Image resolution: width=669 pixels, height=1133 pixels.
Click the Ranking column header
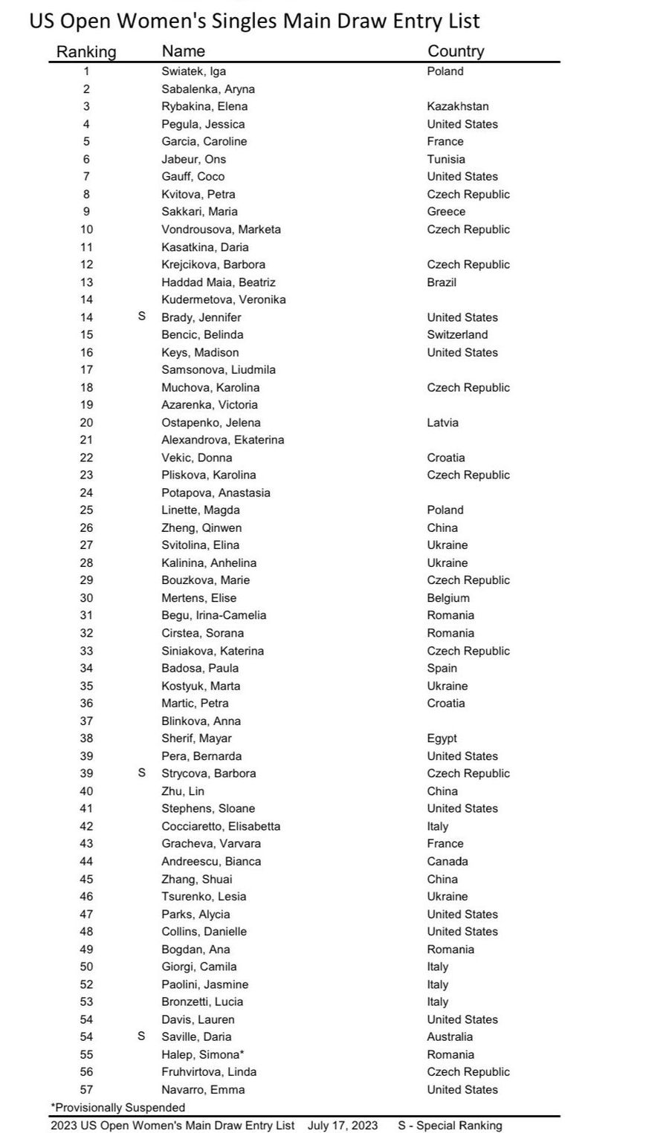pos(86,52)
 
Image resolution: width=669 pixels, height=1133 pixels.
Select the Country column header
pos(456,51)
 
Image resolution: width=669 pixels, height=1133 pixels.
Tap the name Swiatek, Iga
pos(193,71)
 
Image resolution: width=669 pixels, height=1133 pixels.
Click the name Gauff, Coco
pos(193,177)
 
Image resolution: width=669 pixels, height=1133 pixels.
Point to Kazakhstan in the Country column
pos(457,106)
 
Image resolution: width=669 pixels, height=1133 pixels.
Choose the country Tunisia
pos(446,159)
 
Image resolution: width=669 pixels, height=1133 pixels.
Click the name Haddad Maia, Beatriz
pos(218,282)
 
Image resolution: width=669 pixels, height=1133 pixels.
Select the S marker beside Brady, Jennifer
pos(142,316)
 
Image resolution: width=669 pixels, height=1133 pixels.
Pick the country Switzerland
pos(457,334)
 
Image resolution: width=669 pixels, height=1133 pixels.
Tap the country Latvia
pos(442,423)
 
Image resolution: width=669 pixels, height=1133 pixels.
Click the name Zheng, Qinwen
pos(201,527)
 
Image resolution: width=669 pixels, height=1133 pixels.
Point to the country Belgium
pos(448,598)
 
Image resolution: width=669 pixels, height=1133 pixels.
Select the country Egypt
pos(442,738)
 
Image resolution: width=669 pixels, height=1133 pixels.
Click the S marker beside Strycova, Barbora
pos(142,773)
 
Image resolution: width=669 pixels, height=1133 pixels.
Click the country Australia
pos(450,1036)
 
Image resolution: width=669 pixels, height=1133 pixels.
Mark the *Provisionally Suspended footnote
pos(117,1107)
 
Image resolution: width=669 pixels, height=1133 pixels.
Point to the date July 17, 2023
pos(343,1125)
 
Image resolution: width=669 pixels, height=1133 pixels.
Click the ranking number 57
pos(86,1089)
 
